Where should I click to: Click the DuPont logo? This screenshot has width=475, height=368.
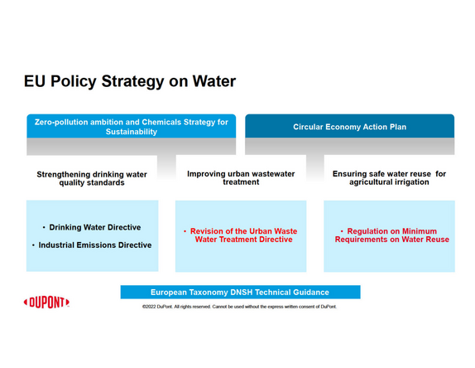coord(46,303)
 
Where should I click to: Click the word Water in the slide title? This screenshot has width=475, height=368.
coord(214,81)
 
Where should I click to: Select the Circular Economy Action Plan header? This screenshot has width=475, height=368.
coord(349,126)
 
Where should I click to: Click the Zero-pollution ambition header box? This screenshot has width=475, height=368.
coord(132,126)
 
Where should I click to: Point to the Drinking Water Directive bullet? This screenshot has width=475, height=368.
coord(92,227)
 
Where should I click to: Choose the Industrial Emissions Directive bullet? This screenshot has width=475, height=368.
coord(92,245)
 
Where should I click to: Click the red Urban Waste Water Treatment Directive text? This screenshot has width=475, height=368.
coord(241,235)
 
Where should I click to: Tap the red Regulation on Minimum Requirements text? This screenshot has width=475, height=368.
coord(392,235)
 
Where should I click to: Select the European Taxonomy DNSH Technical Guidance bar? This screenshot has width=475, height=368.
coord(241,292)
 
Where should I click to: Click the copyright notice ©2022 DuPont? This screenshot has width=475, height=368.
coord(239,307)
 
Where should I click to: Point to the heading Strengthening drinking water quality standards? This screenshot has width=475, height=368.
coord(92,178)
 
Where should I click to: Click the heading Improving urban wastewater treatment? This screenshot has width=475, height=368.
coord(241,177)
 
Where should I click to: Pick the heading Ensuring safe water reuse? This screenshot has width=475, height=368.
coord(389,177)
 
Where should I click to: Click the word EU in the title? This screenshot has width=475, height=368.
coord(35,81)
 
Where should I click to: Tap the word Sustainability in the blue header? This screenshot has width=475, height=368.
coord(132,132)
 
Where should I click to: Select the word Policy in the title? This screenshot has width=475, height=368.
coord(74,82)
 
